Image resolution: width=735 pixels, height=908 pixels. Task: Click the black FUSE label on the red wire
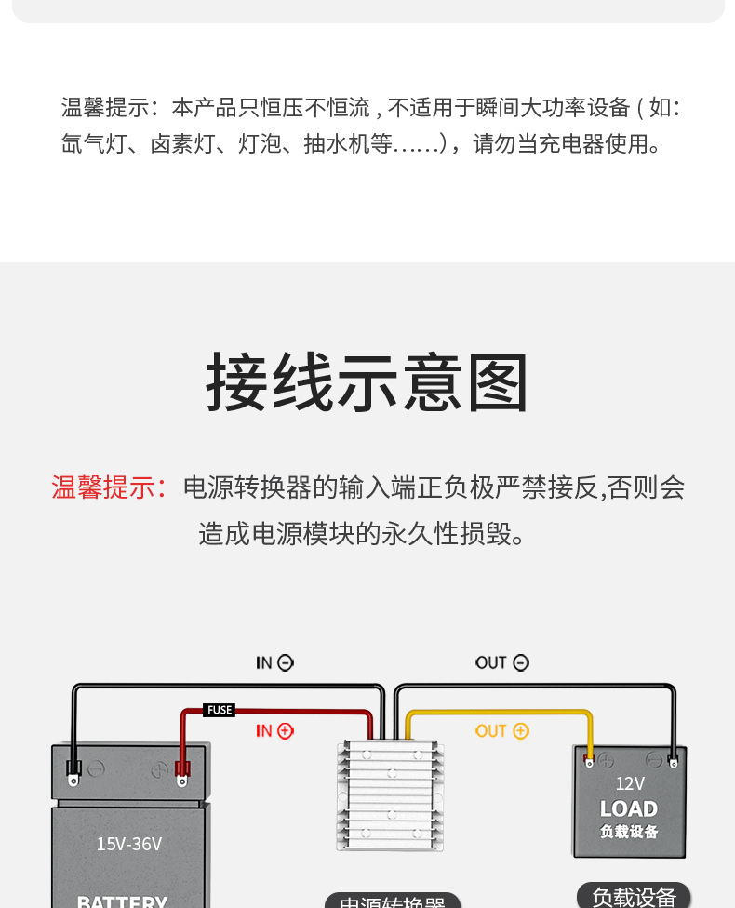pos(220,710)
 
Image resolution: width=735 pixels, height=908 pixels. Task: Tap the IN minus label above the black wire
pos(274,662)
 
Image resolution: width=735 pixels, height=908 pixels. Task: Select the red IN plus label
pos(274,731)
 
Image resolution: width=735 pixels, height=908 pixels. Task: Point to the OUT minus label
pos(501,662)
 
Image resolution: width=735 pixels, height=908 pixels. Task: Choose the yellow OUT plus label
pos(501,731)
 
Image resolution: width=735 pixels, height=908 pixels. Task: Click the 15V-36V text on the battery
pos(129,844)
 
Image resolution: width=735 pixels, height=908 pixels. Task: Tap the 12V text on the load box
pos(630,783)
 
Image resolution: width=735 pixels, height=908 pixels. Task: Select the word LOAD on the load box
pos(629,808)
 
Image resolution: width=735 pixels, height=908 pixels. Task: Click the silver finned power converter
pos(390,794)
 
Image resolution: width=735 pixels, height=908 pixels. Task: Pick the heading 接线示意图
pos(367,383)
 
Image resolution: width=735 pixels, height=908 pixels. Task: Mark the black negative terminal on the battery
pos(73,769)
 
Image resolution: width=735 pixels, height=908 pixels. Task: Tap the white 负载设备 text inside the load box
pos(629,832)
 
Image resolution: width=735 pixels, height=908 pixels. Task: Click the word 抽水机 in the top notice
pos(337,144)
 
